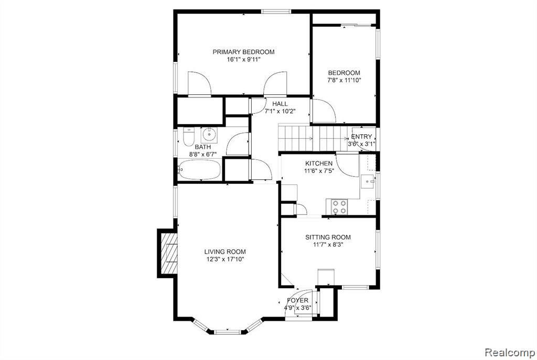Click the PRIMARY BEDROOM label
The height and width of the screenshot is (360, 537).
pos(243,52)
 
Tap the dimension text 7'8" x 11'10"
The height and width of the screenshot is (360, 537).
pos(344,80)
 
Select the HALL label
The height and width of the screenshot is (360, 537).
pos(280,104)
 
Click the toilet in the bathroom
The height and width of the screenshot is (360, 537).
pos(188,137)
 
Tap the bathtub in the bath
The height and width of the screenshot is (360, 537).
pos(199,169)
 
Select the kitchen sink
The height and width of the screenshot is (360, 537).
pos(368,181)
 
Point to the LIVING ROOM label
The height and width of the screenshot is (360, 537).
pos(225,252)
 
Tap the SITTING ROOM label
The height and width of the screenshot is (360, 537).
pos(328,237)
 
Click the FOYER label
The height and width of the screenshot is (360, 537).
pos(298,300)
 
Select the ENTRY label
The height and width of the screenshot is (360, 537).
pos(361,137)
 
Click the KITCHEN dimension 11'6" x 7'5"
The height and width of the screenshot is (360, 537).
pos(319,171)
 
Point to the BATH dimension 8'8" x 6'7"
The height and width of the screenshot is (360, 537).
pos(203,155)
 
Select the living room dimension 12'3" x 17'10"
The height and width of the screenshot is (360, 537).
pos(225,259)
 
